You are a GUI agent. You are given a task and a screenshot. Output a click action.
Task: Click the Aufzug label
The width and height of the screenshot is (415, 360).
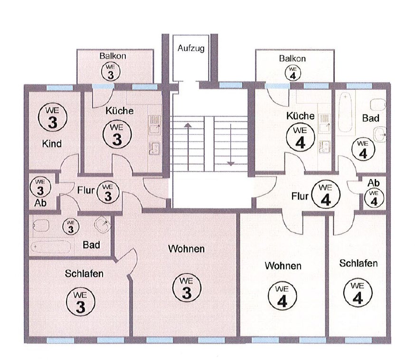191,48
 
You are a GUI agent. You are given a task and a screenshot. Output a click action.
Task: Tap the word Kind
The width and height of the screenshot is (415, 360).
52,144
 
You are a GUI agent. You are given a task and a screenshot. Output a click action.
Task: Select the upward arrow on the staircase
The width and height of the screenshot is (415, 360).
188,147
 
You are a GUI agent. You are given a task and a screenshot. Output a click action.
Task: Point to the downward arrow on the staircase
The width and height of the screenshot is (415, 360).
231,144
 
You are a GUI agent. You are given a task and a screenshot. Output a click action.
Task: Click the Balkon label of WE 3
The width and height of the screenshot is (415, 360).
113,56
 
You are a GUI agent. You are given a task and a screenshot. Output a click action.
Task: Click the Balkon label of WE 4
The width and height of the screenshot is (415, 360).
292,58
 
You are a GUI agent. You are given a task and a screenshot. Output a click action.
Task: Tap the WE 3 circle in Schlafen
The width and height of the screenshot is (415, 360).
80,302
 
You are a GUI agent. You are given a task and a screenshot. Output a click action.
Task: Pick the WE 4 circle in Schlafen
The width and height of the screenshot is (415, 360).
358,293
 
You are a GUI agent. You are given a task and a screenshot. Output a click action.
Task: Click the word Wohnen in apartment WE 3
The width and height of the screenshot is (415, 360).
186,249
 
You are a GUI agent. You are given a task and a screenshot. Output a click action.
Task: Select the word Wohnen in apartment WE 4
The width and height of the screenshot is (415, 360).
283,266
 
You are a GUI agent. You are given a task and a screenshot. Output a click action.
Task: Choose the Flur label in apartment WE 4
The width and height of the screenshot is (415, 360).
300,197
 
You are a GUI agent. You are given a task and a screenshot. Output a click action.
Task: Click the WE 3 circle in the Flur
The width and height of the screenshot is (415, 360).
108,192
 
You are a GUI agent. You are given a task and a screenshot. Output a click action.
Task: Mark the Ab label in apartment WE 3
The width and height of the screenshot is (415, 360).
40,203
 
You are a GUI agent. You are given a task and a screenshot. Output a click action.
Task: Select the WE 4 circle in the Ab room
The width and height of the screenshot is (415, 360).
374,198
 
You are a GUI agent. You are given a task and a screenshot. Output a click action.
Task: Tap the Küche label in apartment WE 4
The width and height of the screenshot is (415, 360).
301,116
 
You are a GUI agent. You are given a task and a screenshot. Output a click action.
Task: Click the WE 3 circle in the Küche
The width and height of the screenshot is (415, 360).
117,135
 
